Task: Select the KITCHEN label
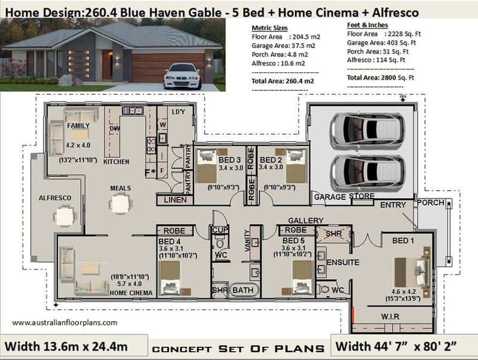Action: click(x=117, y=162)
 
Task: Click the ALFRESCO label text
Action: click(x=55, y=198)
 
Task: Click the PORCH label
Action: click(x=431, y=203)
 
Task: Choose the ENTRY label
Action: click(x=393, y=205)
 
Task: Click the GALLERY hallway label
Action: click(x=305, y=221)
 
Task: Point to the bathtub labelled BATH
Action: click(x=243, y=290)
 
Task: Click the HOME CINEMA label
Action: click(x=131, y=292)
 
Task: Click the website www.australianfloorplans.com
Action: click(x=65, y=322)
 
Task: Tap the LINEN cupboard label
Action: click(x=174, y=200)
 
